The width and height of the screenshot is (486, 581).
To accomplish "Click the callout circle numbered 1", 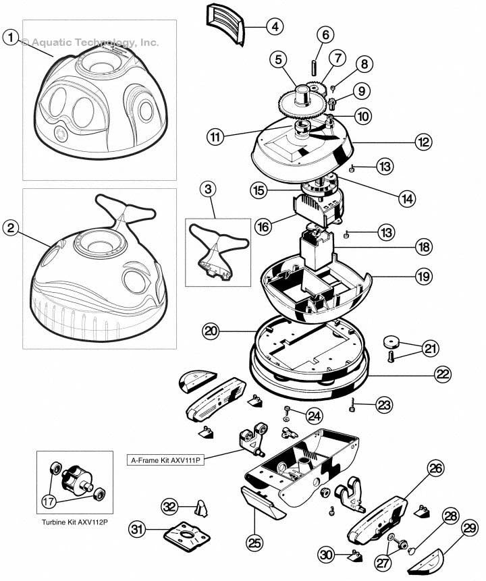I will (10, 38).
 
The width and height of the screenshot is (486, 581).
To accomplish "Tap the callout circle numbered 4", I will (274, 27).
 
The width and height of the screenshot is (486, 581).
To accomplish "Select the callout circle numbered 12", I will (423, 143).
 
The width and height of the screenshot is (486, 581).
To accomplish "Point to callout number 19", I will (424, 277).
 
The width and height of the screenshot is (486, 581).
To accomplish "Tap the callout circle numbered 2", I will (10, 228).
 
